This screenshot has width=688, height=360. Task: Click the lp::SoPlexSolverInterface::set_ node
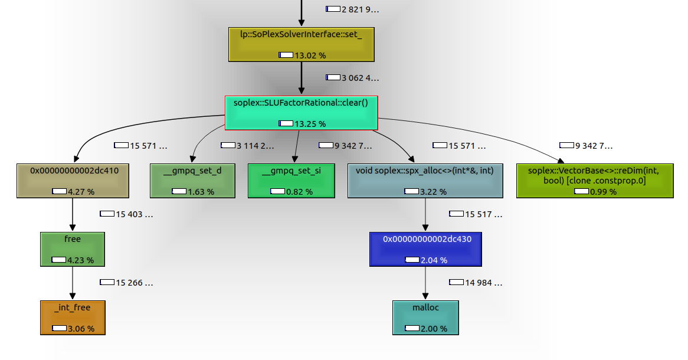302,44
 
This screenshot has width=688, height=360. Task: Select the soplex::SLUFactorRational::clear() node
302,113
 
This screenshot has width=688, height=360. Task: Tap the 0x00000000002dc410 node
73,181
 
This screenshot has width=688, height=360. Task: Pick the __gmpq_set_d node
192,181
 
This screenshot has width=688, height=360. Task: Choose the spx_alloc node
425,181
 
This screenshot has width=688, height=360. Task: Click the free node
73,249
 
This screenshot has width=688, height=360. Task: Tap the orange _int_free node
73,318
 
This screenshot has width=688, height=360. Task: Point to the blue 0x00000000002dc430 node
425,249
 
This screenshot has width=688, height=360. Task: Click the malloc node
425,318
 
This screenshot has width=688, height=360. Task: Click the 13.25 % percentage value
310,124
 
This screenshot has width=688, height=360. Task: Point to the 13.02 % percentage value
310,55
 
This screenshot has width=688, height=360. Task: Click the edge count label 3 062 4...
360,78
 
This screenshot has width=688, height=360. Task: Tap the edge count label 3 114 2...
255,145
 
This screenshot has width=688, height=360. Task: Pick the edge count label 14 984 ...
483,283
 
